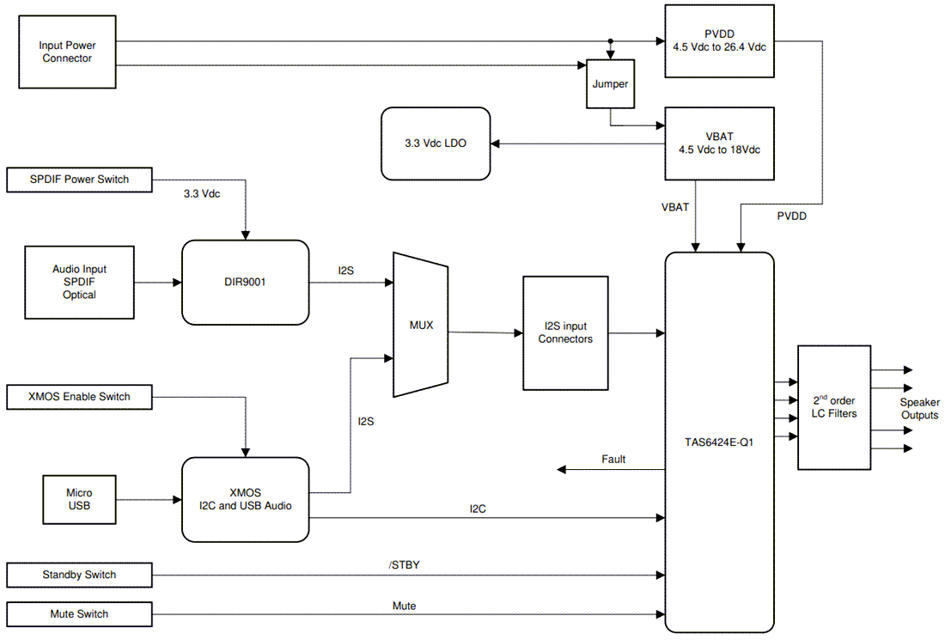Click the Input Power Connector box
67,52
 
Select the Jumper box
610,84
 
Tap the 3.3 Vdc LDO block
436,143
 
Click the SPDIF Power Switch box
79,180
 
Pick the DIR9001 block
245,282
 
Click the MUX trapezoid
421,326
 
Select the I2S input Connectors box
565,332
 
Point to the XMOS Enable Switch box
79,396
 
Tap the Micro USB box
79,499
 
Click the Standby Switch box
79,575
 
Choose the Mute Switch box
79,613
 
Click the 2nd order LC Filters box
833,407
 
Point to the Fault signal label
613,460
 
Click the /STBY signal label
404,564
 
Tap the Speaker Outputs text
919,409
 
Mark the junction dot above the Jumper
610,41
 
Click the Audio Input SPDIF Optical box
79,282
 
